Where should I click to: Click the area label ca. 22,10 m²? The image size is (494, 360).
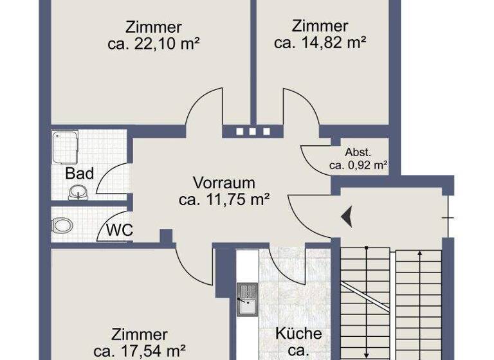tap(153, 44)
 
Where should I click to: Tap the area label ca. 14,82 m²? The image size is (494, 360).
tap(320, 43)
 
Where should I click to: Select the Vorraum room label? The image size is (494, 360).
tap(224, 183)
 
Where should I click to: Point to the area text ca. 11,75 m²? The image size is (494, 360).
tap(224, 200)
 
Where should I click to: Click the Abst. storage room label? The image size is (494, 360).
tap(358, 152)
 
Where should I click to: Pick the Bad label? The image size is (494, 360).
tap(80, 174)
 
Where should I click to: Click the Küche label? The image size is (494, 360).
tap(298, 334)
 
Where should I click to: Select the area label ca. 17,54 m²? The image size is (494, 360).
tap(140, 352)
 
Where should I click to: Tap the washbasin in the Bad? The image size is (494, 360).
tap(78, 191)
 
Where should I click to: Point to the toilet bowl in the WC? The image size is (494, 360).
tap(63, 226)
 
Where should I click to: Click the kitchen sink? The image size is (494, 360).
tap(246, 297)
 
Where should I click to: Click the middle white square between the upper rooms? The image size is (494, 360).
tap(251, 132)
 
